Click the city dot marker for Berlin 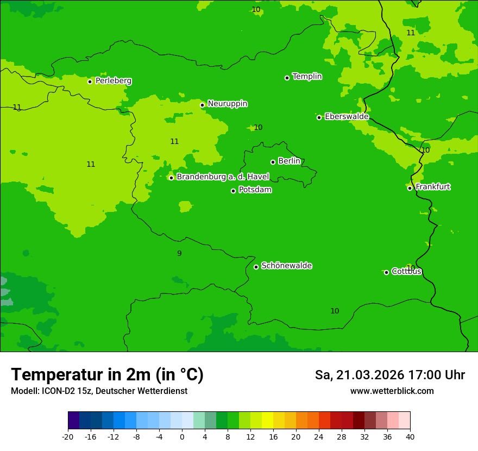(x=273, y=162)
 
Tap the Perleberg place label (x=114, y=81)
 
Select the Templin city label (x=307, y=77)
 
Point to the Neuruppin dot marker (x=202, y=105)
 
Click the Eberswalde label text (x=347, y=117)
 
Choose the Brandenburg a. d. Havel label (x=223, y=177)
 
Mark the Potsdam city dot (x=233, y=191)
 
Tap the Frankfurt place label (x=432, y=187)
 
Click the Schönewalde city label (x=286, y=266)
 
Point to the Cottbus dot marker (x=386, y=272)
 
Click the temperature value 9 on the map (x=179, y=253)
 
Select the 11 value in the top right (x=411, y=33)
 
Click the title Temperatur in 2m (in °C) (x=107, y=374)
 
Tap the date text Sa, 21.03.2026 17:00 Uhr (x=389, y=375)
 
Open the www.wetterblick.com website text (x=392, y=391)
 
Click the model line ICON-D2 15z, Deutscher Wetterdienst (x=99, y=391)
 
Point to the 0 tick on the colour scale (x=182, y=436)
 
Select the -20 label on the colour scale (x=68, y=436)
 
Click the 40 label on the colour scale (x=410, y=436)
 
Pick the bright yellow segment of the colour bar (x=267, y=421)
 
